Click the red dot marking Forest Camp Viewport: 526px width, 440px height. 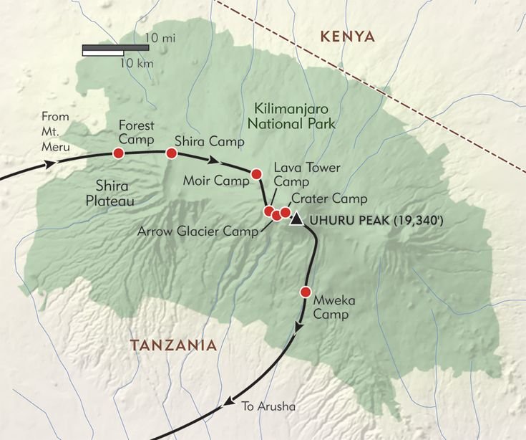coord(119,153)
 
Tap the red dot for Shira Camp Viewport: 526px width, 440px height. coord(171,153)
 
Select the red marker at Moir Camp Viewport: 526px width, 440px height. coord(256,173)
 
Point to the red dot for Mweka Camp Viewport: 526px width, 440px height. coord(306,292)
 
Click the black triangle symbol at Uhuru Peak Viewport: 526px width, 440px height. coord(296,219)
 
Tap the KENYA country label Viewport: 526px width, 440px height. coord(348,37)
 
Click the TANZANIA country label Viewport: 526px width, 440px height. coord(172,345)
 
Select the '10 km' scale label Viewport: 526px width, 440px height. coord(136,64)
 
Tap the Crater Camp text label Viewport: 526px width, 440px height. coord(329,199)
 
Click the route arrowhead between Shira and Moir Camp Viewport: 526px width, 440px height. coord(213,160)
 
